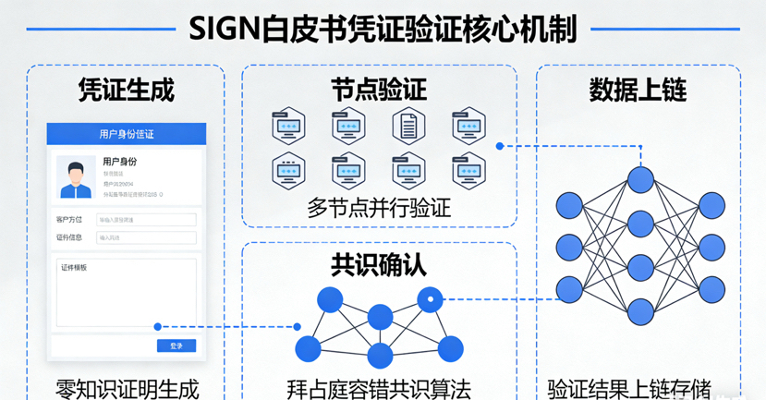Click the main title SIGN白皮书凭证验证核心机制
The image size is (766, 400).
coord(383,29)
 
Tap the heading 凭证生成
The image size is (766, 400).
coord(127,90)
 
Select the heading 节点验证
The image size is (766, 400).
coord(379,90)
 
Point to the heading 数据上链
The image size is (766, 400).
coord(638,90)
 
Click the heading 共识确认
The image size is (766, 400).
coord(379,265)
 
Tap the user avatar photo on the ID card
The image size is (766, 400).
coord(76,176)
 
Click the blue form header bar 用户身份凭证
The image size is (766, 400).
coord(127,134)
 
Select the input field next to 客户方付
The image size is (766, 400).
coord(146,220)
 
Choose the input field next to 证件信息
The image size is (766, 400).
coord(146,238)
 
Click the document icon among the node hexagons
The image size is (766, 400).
coord(408,126)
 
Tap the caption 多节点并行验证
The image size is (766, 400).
coord(379,207)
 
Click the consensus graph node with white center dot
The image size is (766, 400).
coord(430,299)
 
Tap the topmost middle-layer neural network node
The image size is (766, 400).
coord(638,178)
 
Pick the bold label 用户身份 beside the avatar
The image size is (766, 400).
coord(120,162)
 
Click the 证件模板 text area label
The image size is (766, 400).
coord(74,268)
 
